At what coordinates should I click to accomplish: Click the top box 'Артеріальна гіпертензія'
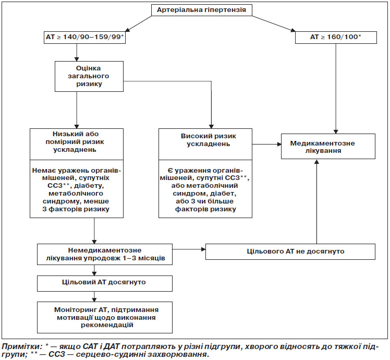(202, 10)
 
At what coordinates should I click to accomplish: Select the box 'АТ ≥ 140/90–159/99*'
(84, 38)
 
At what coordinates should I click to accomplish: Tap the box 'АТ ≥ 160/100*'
(336, 38)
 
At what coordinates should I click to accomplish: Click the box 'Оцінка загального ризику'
(89, 76)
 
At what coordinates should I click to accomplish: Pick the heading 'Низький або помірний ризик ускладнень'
(75, 142)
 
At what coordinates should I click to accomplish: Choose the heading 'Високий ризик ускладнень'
(209, 140)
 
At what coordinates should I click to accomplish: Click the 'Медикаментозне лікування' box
(328, 147)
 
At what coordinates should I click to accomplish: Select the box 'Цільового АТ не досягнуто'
(290, 251)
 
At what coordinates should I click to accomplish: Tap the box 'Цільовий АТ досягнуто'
(105, 283)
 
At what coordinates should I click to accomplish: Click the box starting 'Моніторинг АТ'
(105, 317)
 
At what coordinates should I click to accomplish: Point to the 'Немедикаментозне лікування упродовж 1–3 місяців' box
(105, 254)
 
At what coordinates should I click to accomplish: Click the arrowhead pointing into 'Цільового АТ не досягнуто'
(203, 249)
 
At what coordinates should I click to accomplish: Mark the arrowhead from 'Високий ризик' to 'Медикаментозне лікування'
(279, 144)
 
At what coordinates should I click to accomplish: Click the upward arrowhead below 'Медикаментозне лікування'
(316, 161)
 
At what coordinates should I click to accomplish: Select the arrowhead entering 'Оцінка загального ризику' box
(77, 59)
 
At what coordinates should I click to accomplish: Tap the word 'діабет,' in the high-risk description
(223, 194)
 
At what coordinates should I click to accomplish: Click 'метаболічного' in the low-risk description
(76, 194)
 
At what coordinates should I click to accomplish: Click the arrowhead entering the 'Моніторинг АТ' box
(94, 300)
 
